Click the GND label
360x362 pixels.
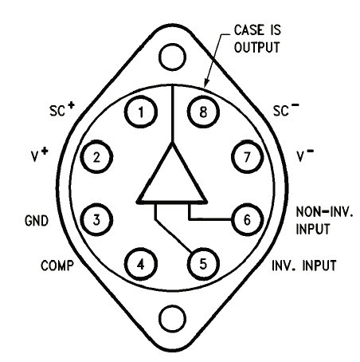coord(37,221)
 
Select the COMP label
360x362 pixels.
coord(57,266)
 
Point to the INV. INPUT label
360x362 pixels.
coord(304,266)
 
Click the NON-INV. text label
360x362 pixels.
coord(325,212)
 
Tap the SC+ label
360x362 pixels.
coord(62,109)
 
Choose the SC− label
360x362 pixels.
coord(286,109)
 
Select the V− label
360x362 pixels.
coord(305,155)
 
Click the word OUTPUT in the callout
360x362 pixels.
coord(257,48)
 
